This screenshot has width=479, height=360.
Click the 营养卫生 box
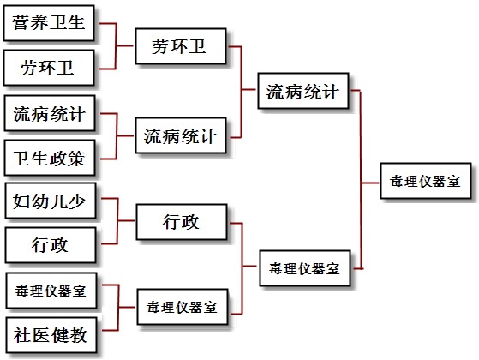[49, 23]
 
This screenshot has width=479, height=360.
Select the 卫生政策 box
[50, 158]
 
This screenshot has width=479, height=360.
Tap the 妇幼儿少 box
[51, 201]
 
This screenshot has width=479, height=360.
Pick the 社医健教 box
[51, 335]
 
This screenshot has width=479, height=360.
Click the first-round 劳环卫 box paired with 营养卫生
[49, 68]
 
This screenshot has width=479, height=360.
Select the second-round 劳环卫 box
[181, 46]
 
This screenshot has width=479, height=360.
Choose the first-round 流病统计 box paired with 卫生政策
[50, 113]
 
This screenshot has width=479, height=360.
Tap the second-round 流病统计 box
[181, 135]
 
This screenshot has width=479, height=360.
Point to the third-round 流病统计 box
[303, 91]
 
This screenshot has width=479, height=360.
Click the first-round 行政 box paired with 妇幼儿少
[51, 245]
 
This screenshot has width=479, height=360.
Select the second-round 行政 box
[182, 222]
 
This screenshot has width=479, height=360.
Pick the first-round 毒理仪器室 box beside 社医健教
[51, 291]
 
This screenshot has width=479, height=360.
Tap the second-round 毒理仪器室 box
[183, 307]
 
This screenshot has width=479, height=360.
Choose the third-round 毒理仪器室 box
[305, 268]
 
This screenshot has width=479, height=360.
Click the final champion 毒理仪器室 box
[426, 181]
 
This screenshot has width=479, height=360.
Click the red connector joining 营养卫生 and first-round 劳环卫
[116, 45]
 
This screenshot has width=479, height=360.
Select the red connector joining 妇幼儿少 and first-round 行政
[117, 220]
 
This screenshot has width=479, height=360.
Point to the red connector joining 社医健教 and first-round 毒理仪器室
[118, 307]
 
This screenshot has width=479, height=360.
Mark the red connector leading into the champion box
[361, 183]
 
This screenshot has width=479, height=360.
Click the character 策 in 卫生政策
[76, 159]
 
